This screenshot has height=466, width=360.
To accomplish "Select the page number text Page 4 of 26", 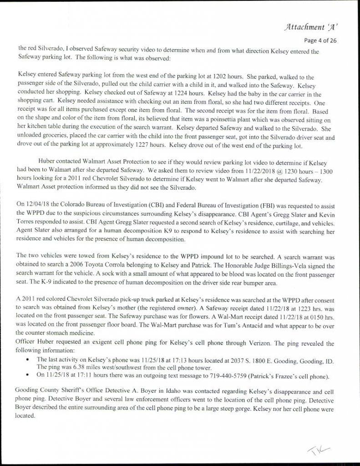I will click(x=320, y=40).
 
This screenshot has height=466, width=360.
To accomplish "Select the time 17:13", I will click(x=164, y=360).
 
